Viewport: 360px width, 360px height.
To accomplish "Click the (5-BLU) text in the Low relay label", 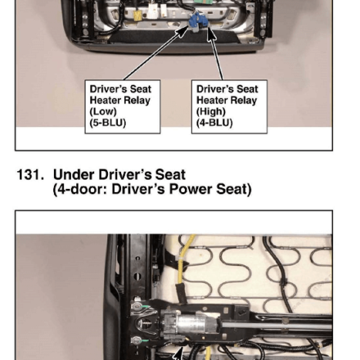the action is [108, 123].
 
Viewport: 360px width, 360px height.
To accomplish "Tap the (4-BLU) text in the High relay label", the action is [214, 123].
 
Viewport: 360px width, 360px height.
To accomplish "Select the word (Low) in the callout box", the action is [103, 111].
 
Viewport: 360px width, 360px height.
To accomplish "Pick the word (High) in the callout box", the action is [211, 111].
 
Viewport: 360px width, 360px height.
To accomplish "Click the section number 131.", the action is [30, 174].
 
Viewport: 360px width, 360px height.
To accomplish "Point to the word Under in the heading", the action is [74, 174].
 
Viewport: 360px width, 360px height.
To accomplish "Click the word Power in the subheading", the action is [191, 189].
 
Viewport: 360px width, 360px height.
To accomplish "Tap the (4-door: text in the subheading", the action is [80, 190].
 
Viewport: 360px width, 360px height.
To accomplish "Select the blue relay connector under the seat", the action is [198, 21].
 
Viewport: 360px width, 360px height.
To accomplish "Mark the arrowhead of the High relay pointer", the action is [210, 34].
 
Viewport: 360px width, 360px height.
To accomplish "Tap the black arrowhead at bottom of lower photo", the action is [178, 354].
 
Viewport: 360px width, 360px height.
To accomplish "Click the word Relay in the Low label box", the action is [137, 101].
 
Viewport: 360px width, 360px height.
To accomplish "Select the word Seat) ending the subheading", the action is [234, 190].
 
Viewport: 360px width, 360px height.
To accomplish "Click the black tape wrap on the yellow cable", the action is [181, 293].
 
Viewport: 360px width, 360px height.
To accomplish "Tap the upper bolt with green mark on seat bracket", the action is [137, 307].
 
